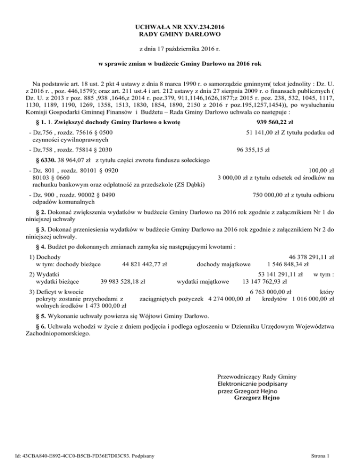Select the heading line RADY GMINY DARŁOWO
coord(180,35)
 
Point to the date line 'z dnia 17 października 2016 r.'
coord(180,48)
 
